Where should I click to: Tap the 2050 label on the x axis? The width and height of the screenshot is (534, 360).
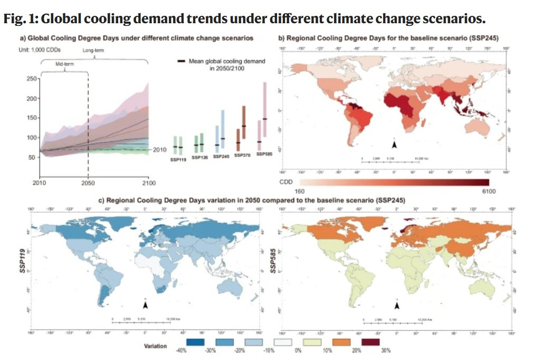[x=88, y=183]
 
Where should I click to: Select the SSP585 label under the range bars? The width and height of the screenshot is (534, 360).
[x=264, y=154]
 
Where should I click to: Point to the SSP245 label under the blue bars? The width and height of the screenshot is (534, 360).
[x=221, y=157]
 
